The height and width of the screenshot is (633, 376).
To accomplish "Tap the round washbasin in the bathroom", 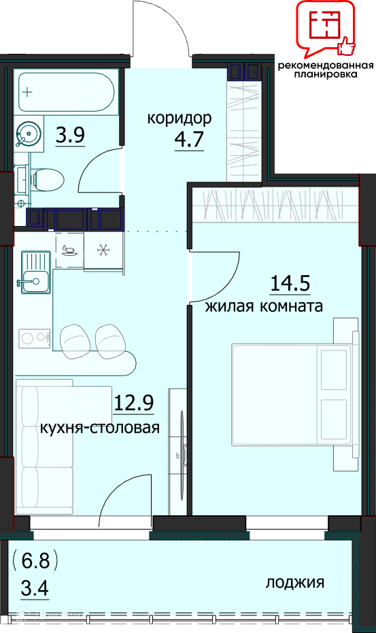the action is tap(27, 133).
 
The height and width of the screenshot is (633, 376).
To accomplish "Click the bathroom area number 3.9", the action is tap(70, 135).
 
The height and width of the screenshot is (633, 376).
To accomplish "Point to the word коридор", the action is tap(179, 118).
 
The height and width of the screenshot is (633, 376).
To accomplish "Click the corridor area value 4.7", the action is tap(189, 140).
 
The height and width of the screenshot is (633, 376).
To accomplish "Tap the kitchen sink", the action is tap(35, 272).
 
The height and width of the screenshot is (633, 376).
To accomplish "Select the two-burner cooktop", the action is tap(34, 338).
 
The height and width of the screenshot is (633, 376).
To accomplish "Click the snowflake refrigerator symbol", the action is tap(103, 250).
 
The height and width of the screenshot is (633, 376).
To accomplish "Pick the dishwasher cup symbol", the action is tap(69, 250).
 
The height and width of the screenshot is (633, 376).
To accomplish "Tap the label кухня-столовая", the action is tap(100, 427).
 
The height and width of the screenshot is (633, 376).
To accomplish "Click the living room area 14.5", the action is tap(290, 283).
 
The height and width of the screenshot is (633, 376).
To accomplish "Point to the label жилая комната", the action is tap(264, 306).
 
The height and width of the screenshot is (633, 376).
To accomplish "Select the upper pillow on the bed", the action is tap(334, 370).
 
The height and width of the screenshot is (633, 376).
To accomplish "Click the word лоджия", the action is tap(295, 582).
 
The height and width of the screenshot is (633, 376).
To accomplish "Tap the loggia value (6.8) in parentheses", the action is tap(35, 561).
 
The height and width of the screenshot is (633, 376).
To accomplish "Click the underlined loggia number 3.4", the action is tap(35, 588).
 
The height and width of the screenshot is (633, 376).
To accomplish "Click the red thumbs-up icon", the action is tap(347, 46).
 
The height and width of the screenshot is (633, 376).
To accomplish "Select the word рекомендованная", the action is tap(326, 65).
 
